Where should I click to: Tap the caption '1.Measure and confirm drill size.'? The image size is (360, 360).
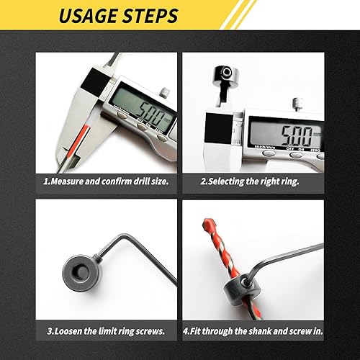[x=106, y=181]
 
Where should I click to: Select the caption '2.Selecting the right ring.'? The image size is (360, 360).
[x=250, y=181]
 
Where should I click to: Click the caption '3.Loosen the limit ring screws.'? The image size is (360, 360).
[x=106, y=331]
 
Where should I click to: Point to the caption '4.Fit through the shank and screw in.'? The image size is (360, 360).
[x=253, y=331]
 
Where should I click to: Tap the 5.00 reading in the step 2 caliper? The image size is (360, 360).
[x=297, y=135]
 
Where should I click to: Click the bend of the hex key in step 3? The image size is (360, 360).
[x=124, y=237]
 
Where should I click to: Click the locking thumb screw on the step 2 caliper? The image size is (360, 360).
[x=297, y=104]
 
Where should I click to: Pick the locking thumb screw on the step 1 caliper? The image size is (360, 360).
[x=165, y=92]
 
